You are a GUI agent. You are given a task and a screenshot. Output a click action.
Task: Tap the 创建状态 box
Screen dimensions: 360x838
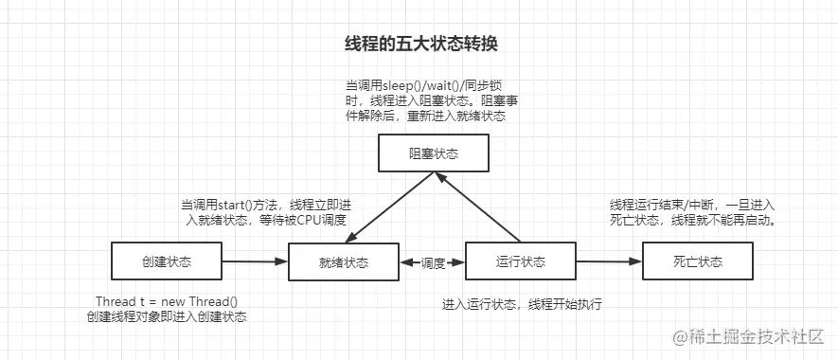[x=166, y=261]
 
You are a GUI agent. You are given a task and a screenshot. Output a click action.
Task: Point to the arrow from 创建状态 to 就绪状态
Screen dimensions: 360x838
[x=254, y=261]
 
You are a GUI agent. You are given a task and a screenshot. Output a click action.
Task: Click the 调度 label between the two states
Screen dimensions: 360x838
[x=433, y=262]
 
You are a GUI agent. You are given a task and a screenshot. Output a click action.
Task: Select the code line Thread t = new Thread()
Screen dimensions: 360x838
[x=166, y=301]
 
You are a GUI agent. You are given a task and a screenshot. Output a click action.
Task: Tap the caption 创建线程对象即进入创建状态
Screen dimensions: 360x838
[x=166, y=316]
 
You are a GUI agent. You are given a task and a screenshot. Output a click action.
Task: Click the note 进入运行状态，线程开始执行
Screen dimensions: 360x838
[x=522, y=304]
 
